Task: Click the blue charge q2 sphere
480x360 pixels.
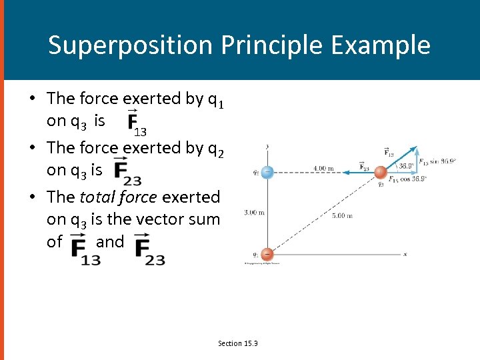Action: [x=267, y=172]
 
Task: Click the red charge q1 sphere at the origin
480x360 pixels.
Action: [x=267, y=253]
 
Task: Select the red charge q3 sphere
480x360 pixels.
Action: [x=380, y=173]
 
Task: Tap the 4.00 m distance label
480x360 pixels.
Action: [x=323, y=168]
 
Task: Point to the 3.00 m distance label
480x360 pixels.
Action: [x=254, y=213]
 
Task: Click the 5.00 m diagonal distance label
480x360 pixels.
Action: [x=342, y=215]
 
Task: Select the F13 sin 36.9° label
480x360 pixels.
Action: [x=437, y=161]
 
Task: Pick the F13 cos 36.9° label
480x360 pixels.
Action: [x=408, y=179]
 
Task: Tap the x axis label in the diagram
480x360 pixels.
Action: [x=405, y=254]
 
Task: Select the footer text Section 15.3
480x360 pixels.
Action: [x=238, y=343]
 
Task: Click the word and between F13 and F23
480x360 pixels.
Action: [x=110, y=241]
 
